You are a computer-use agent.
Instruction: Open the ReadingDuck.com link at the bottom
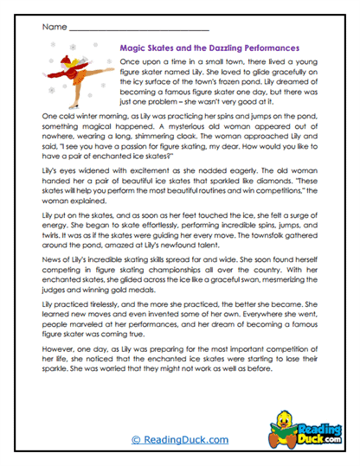click(x=179, y=439)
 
